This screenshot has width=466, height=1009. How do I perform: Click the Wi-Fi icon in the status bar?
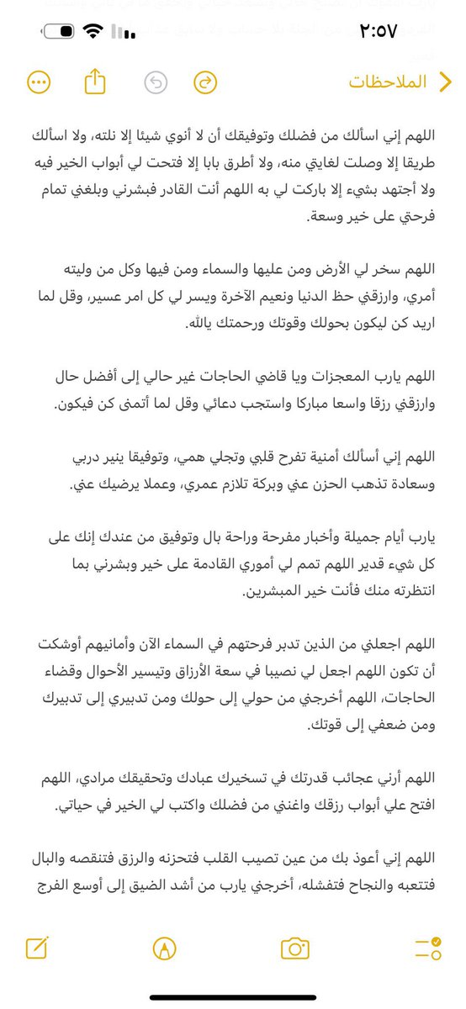(90, 33)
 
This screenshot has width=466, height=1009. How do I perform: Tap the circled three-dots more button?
(39, 82)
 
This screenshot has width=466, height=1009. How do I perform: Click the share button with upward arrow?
(96, 82)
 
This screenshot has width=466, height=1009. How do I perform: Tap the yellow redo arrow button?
(205, 82)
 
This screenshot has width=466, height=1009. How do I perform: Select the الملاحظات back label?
(389, 82)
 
